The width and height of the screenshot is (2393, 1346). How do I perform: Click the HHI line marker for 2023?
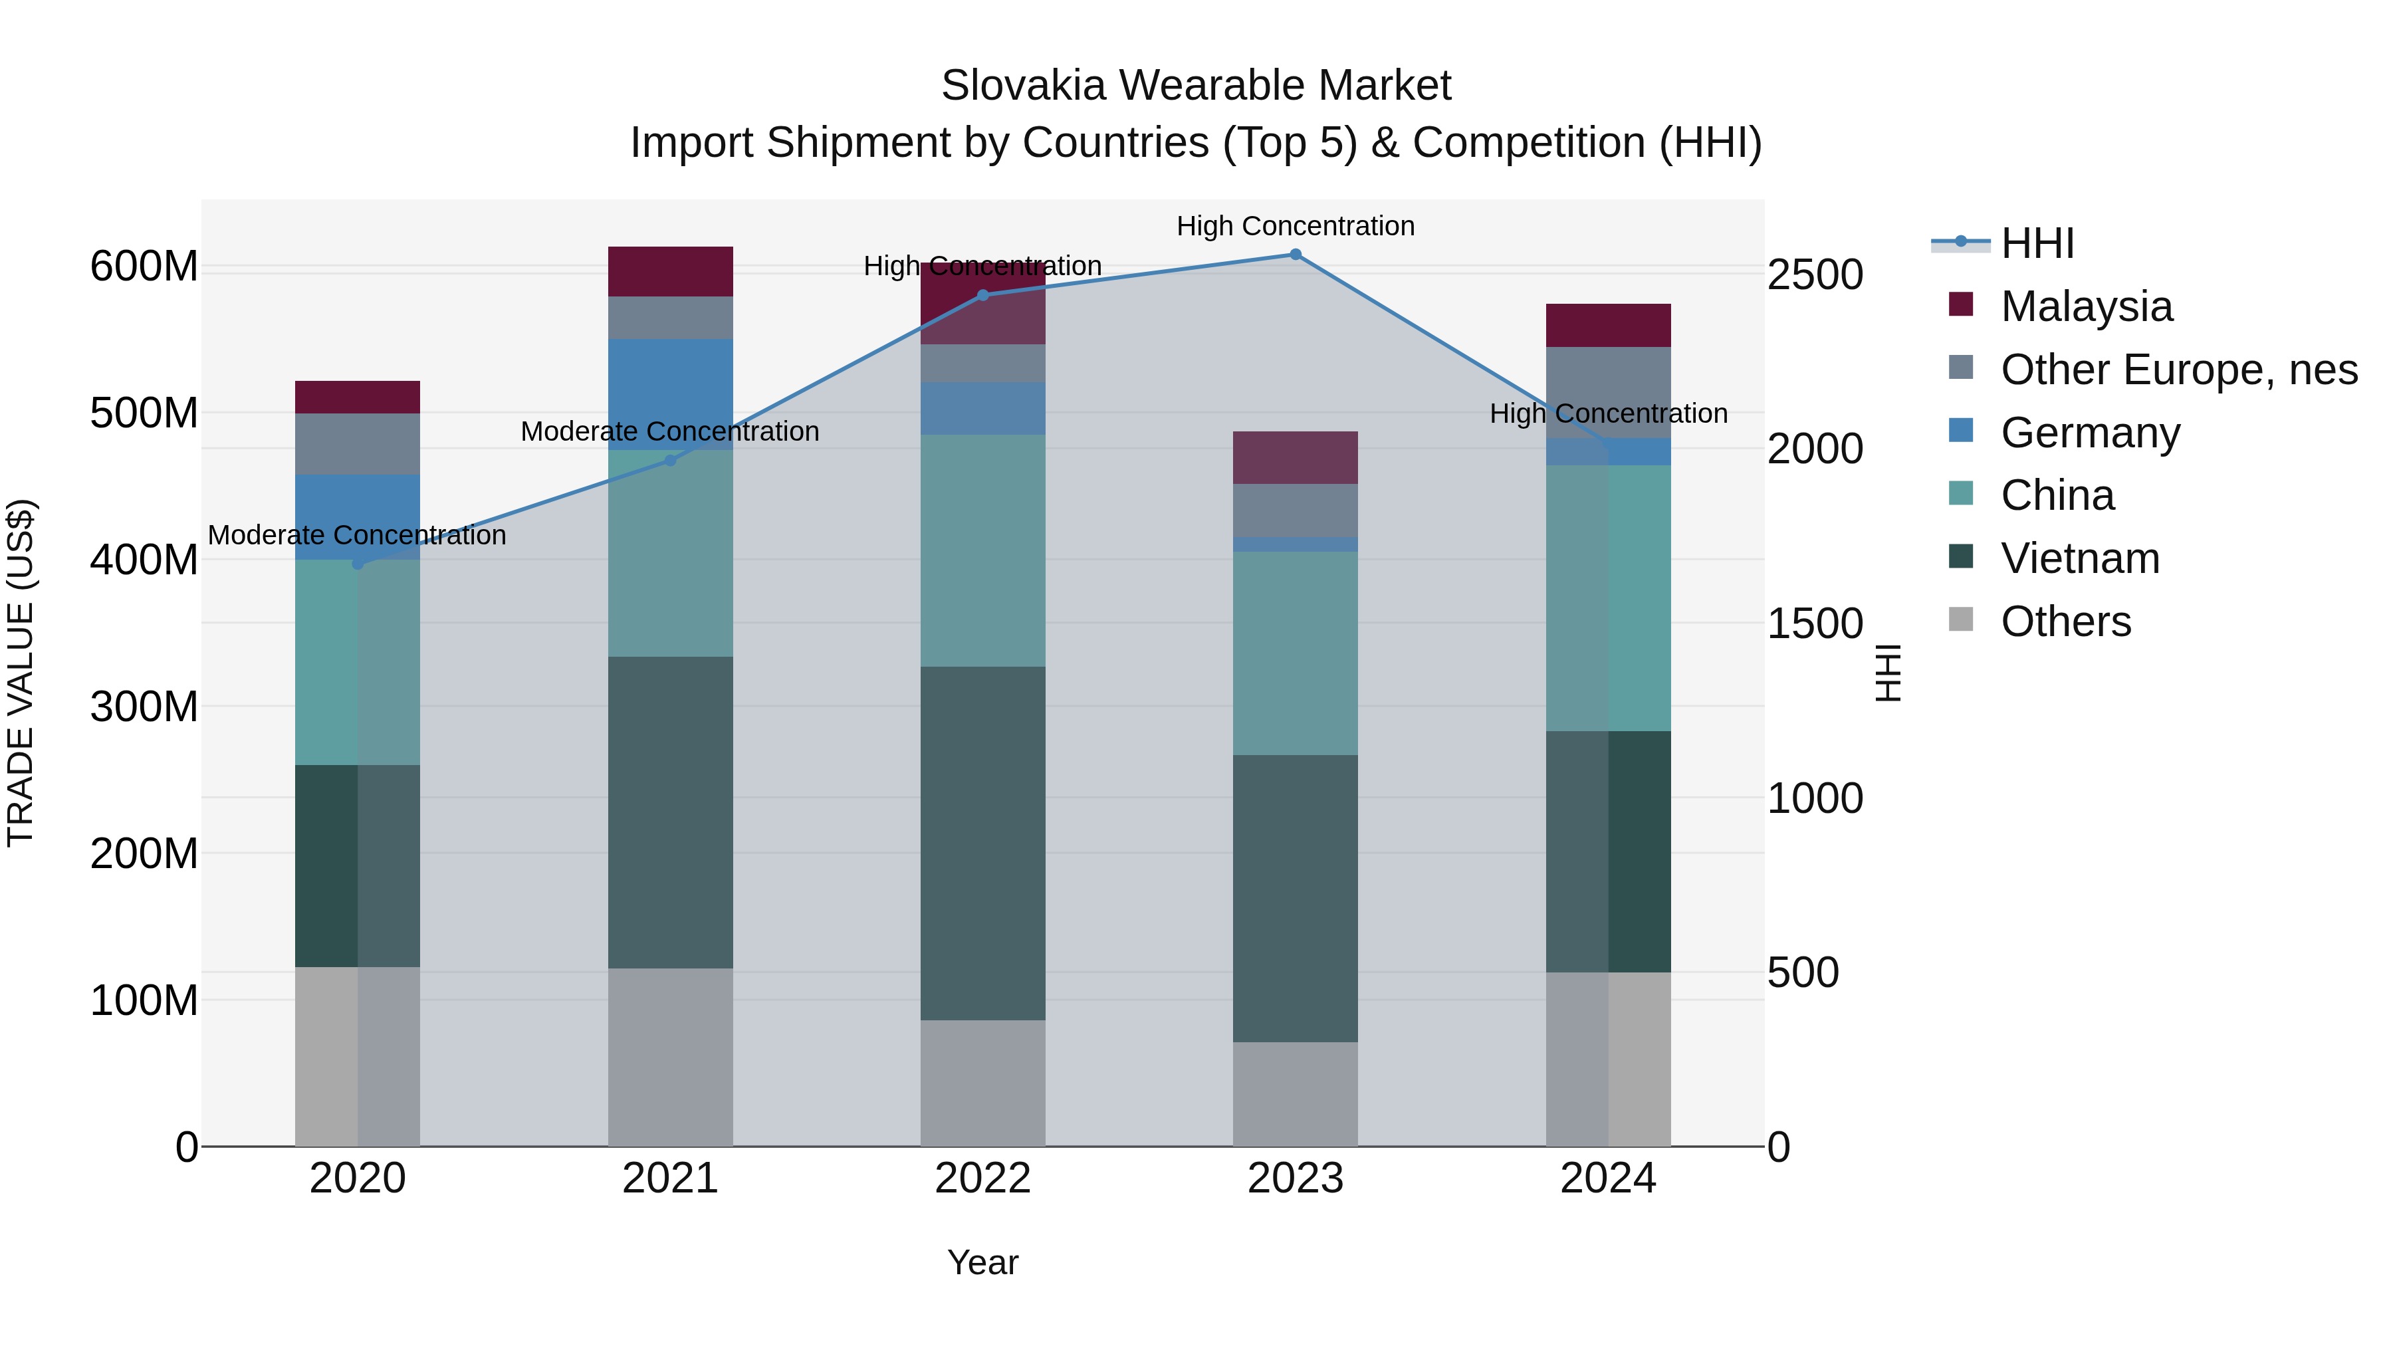(x=1295, y=255)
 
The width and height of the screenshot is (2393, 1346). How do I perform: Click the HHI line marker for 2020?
(x=358, y=564)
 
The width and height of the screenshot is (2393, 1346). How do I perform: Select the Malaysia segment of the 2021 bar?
(x=670, y=271)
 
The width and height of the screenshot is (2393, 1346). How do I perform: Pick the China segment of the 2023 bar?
(x=1295, y=653)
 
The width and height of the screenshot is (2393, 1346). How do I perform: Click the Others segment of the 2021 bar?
(x=670, y=1057)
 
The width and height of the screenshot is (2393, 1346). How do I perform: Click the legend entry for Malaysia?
(x=2085, y=306)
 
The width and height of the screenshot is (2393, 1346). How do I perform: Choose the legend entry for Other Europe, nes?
(x=2178, y=370)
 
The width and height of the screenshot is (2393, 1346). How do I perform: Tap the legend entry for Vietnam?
(x=2079, y=558)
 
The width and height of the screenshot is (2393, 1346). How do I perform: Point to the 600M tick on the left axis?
(x=144, y=267)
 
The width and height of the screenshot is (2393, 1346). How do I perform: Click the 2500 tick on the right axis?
(x=1814, y=275)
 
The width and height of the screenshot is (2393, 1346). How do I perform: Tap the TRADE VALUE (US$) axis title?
(x=21, y=673)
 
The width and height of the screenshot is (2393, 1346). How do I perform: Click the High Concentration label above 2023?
(x=1295, y=226)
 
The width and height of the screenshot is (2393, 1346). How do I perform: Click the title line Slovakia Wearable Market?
(x=1196, y=86)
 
